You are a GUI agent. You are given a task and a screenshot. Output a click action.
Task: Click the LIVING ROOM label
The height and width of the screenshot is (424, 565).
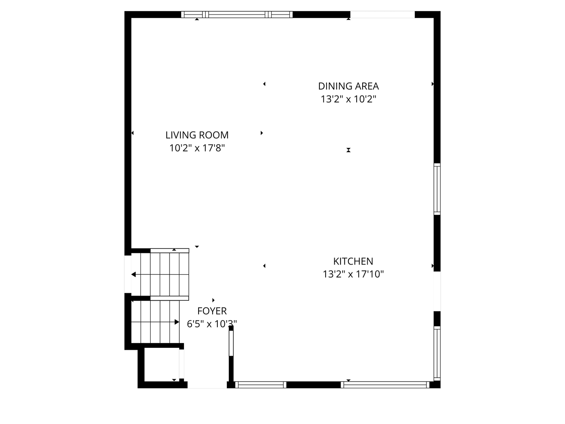(x=197, y=135)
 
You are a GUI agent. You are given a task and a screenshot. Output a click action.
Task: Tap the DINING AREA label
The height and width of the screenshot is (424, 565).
(x=348, y=86)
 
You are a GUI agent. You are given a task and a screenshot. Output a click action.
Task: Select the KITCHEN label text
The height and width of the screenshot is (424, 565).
(x=353, y=261)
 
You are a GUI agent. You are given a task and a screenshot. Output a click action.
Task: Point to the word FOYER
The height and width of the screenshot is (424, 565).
(x=212, y=311)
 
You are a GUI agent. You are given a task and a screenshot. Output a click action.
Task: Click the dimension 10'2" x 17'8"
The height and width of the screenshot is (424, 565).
(x=197, y=148)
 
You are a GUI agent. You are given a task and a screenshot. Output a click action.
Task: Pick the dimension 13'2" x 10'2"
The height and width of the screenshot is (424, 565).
(x=348, y=99)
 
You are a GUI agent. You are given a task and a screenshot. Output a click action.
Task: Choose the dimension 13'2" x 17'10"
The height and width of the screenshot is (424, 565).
(x=353, y=274)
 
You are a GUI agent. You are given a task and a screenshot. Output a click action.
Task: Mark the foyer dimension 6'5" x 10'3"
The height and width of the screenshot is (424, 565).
(x=212, y=324)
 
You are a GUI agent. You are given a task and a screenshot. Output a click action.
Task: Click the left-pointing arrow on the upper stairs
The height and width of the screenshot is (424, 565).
(x=134, y=274)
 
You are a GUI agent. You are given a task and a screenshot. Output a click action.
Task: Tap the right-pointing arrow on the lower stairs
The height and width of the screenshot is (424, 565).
(x=177, y=322)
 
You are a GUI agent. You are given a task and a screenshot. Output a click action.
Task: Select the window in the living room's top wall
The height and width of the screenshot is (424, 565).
(x=237, y=15)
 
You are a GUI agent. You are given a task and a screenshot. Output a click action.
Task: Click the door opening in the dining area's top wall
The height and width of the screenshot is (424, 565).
(x=382, y=15)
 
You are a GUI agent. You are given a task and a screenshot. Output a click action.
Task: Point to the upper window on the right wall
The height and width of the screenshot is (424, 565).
(x=437, y=189)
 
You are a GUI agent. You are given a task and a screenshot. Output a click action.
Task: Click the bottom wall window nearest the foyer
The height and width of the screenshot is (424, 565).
(x=261, y=385)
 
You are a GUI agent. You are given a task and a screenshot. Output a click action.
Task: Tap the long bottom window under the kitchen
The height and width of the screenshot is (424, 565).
(x=385, y=385)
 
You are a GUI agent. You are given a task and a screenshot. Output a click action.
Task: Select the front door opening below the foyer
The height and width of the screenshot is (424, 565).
(x=207, y=385)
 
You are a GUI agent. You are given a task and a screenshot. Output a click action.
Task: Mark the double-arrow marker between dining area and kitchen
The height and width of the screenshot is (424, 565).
(x=348, y=150)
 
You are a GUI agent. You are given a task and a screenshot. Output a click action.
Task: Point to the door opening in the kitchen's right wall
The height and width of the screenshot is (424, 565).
(x=437, y=291)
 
